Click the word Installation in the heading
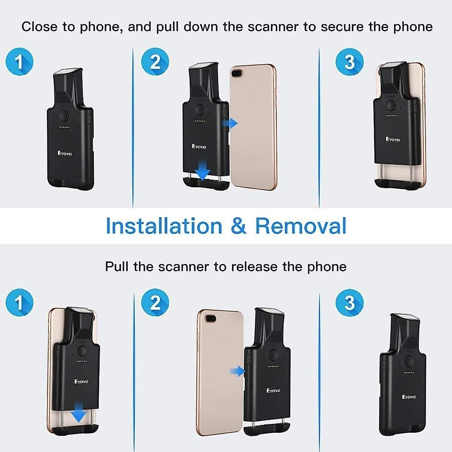(x=164, y=226)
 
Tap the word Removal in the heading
(x=301, y=226)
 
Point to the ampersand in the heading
(x=238, y=226)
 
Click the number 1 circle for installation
(x=20, y=61)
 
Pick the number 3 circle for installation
(x=350, y=61)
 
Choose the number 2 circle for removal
(x=155, y=302)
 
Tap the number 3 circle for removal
(x=350, y=302)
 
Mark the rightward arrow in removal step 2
(x=237, y=372)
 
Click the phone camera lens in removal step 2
(x=211, y=319)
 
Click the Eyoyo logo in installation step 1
(x=64, y=153)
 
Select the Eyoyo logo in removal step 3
(x=409, y=397)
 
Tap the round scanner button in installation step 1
(x=64, y=115)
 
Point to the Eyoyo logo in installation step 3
(x=393, y=139)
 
